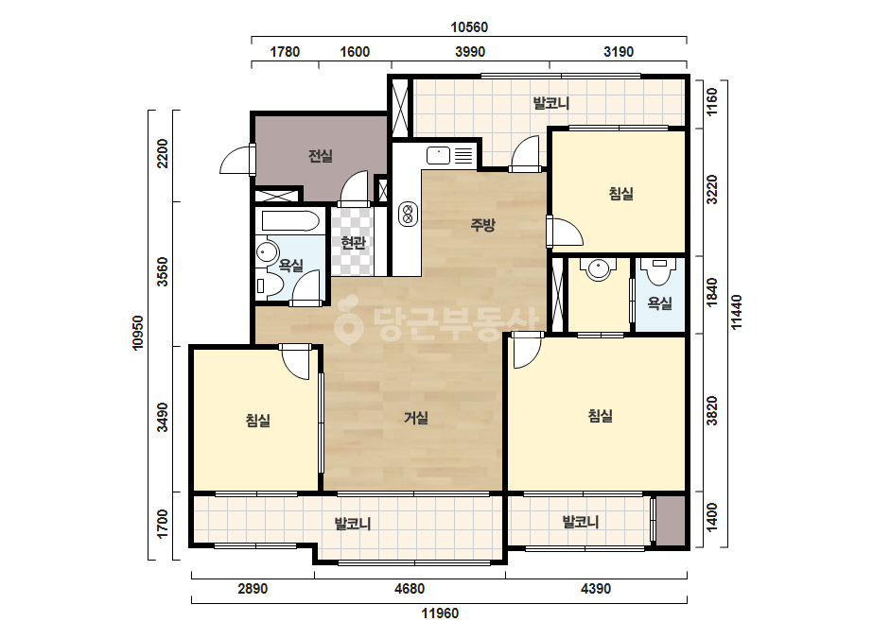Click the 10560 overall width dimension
click(469, 27)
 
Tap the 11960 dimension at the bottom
click(440, 613)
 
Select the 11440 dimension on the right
click(736, 312)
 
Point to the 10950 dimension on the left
click(137, 333)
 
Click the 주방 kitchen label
click(482, 225)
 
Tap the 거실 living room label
click(416, 418)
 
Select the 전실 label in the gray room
click(320, 156)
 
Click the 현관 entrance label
click(353, 243)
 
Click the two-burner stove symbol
click(408, 214)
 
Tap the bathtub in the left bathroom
click(290, 221)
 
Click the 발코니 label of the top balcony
click(551, 103)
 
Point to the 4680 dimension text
click(410, 588)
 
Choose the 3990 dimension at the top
click(470, 52)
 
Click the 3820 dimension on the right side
click(712, 411)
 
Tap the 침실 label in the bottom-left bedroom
click(258, 420)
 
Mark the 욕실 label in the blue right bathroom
click(660, 303)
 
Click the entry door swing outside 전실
click(236, 159)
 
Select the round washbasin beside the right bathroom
click(599, 269)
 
